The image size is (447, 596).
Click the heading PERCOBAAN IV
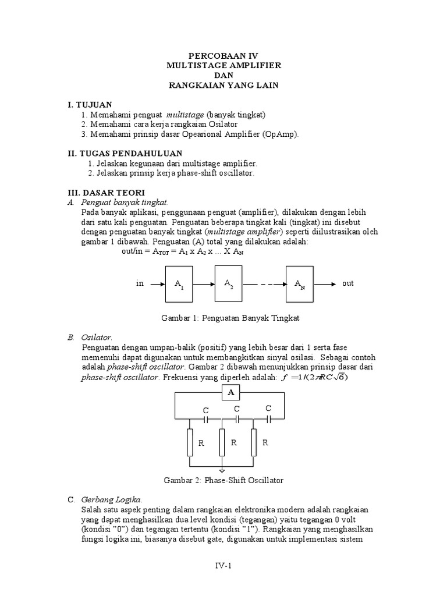(x=223, y=56)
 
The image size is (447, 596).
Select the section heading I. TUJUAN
(x=90, y=104)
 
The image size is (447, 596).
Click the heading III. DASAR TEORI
(x=106, y=192)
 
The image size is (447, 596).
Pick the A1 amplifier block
(x=179, y=284)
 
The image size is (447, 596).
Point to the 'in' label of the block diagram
(x=140, y=283)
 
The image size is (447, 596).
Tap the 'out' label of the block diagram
(x=348, y=283)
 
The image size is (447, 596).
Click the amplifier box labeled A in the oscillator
(x=230, y=393)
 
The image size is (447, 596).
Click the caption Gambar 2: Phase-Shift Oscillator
(x=223, y=480)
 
